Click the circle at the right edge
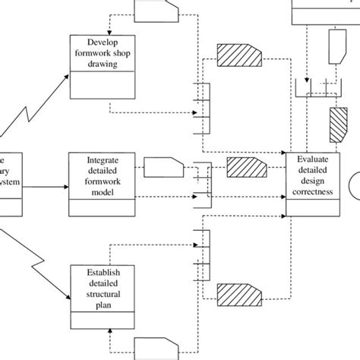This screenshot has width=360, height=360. coord(354,185)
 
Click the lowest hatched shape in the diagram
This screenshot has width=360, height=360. coord(238,294)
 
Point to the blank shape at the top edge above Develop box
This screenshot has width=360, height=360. coord(156,9)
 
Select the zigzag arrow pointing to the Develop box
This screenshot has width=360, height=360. coord(30,106)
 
